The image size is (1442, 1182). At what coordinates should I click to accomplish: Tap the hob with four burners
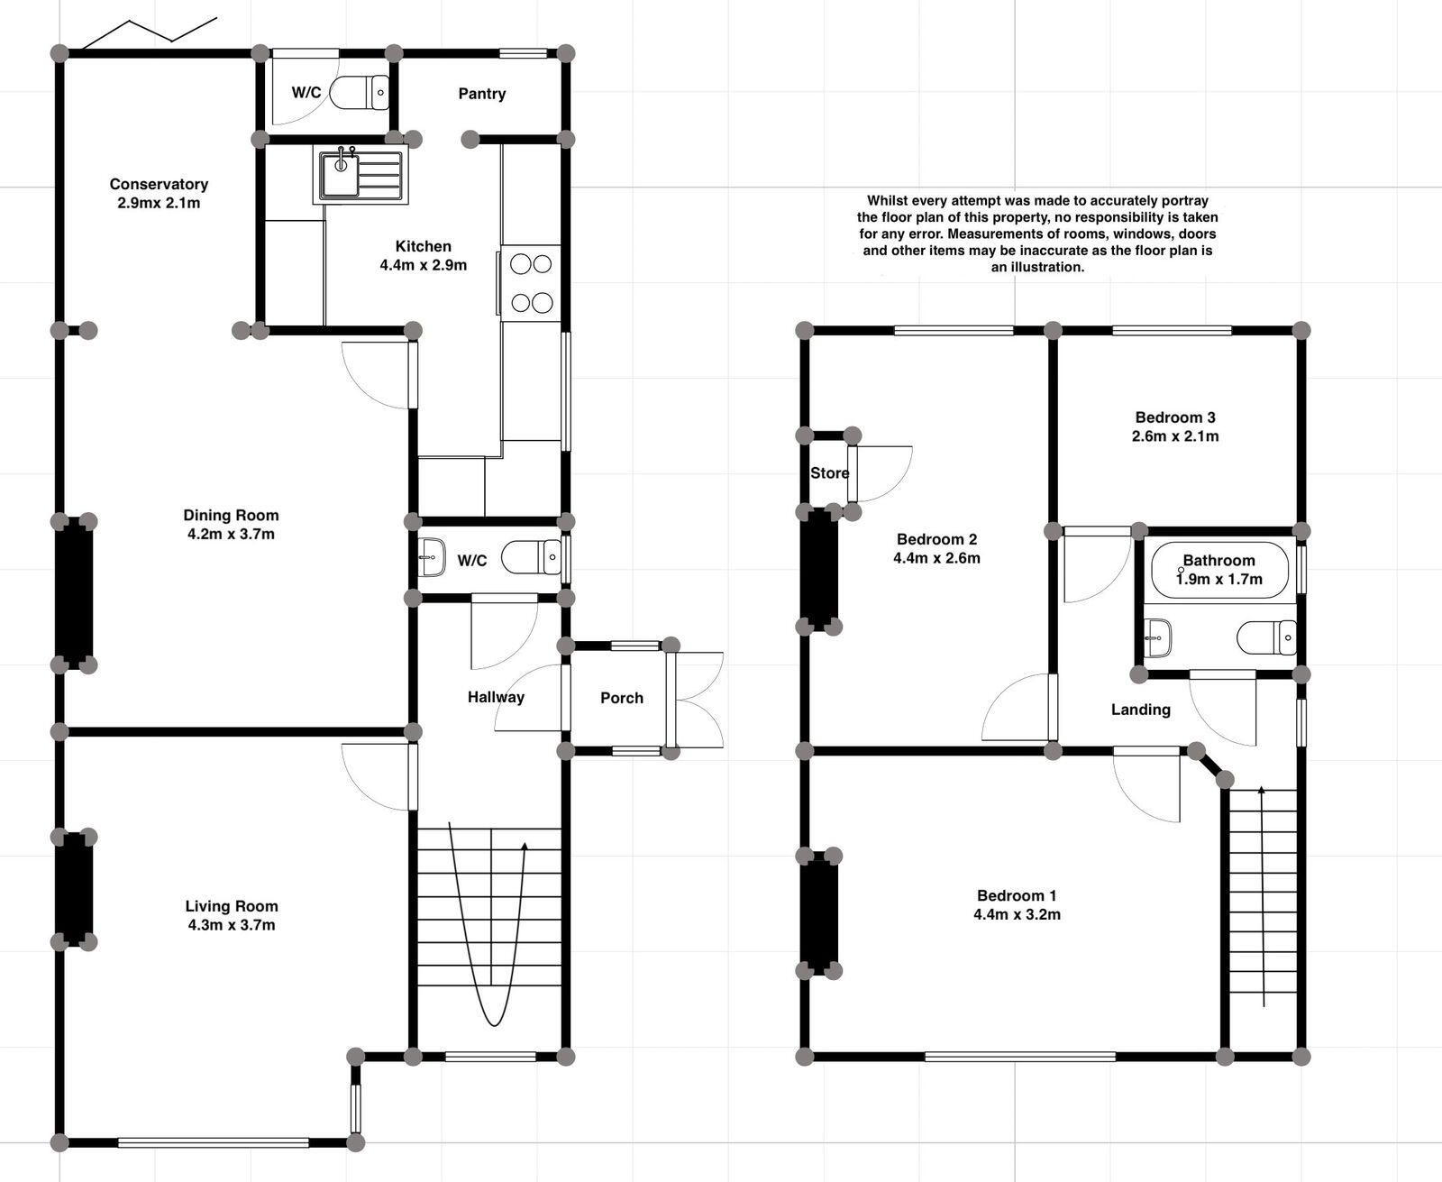(x=531, y=283)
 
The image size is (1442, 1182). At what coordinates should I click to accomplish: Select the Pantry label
(x=481, y=94)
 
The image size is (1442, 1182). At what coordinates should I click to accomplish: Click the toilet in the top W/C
(x=359, y=93)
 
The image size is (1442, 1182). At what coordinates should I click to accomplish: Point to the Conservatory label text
(x=159, y=184)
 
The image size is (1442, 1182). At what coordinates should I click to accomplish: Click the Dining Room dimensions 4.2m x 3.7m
(x=231, y=534)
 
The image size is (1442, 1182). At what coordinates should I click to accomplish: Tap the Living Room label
(x=232, y=906)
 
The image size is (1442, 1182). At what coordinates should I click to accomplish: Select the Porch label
(x=622, y=698)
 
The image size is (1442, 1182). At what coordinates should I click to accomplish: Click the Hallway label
(x=496, y=697)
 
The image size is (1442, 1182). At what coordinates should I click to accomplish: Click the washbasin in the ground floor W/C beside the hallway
(x=433, y=558)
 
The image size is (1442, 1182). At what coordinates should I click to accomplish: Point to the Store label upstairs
(x=829, y=473)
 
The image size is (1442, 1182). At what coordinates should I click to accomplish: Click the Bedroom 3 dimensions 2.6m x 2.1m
(x=1175, y=436)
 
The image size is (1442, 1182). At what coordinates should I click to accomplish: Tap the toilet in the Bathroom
(x=1267, y=637)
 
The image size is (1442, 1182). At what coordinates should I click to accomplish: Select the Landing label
(x=1140, y=710)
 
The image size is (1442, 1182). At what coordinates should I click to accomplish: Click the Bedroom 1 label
(x=1017, y=895)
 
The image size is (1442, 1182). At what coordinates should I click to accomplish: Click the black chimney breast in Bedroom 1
(x=819, y=913)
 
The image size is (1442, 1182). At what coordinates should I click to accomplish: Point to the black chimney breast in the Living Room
(x=75, y=889)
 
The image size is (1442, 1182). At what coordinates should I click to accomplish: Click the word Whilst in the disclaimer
(x=889, y=200)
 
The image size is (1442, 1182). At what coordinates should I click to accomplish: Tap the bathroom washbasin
(x=1158, y=637)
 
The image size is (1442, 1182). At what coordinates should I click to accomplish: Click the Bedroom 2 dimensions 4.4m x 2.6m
(x=936, y=558)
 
